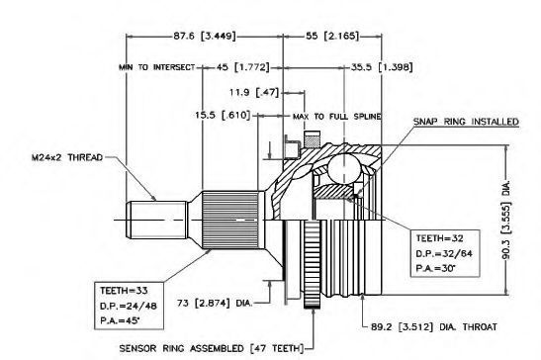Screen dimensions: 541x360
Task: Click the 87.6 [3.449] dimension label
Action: coord(205,36)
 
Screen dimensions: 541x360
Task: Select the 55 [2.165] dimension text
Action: coord(332,36)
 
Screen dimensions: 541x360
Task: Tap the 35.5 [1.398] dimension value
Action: coord(382,67)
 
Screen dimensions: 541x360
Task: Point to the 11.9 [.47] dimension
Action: coord(253,93)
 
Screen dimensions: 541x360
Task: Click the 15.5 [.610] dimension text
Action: coord(223,115)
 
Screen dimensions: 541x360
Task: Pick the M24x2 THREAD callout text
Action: coord(67,157)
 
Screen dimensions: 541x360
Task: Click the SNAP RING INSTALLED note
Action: coord(466,122)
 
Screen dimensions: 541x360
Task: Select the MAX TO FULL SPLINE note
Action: coord(337,117)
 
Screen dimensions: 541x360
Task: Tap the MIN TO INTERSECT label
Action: coord(157,67)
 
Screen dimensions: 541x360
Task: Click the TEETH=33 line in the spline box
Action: coord(124,291)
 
